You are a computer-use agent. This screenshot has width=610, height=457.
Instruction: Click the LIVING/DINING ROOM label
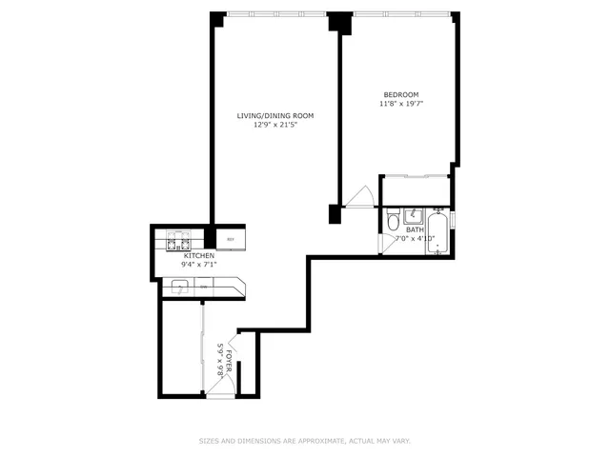tap(275, 115)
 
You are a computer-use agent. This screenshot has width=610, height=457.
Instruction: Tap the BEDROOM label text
tap(401, 94)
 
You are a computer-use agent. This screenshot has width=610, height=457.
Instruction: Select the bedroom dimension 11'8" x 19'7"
tap(401, 104)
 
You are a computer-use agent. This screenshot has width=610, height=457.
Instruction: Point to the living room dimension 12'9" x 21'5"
tap(275, 125)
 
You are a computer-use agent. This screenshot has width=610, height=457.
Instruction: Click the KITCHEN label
tap(199, 255)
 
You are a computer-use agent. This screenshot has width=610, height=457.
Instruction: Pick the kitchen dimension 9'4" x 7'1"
tap(199, 265)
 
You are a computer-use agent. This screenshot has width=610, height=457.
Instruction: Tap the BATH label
tap(416, 229)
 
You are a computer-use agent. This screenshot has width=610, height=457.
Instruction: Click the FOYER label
tap(229, 363)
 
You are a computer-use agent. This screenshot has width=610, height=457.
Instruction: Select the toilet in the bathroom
tap(393, 224)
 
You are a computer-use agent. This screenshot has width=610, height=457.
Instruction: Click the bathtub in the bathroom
tap(439, 232)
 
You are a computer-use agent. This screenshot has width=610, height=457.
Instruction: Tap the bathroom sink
tap(415, 214)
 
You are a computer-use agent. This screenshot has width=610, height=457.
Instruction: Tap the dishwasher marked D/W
tap(203, 287)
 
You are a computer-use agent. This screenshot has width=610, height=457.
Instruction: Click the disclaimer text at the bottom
tap(304, 441)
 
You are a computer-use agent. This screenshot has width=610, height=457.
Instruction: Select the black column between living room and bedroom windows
tap(335, 21)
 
